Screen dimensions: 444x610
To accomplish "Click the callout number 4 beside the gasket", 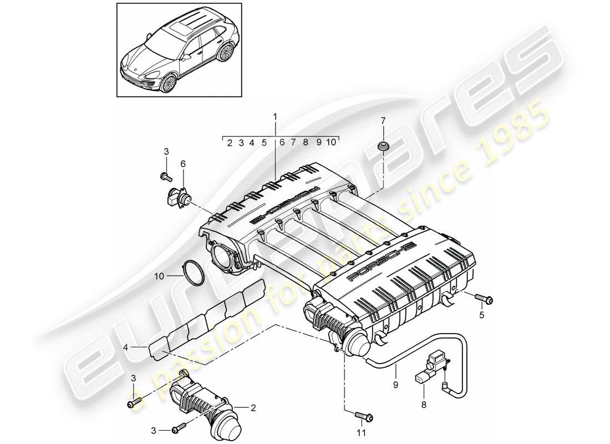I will coord(126,348).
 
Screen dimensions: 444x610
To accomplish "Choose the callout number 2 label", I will coord(253,408).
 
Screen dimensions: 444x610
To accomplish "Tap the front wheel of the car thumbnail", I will coord(167,83).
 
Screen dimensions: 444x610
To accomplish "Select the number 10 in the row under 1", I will coord(331,143).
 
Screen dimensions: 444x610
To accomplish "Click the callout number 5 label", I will coord(481,315).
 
